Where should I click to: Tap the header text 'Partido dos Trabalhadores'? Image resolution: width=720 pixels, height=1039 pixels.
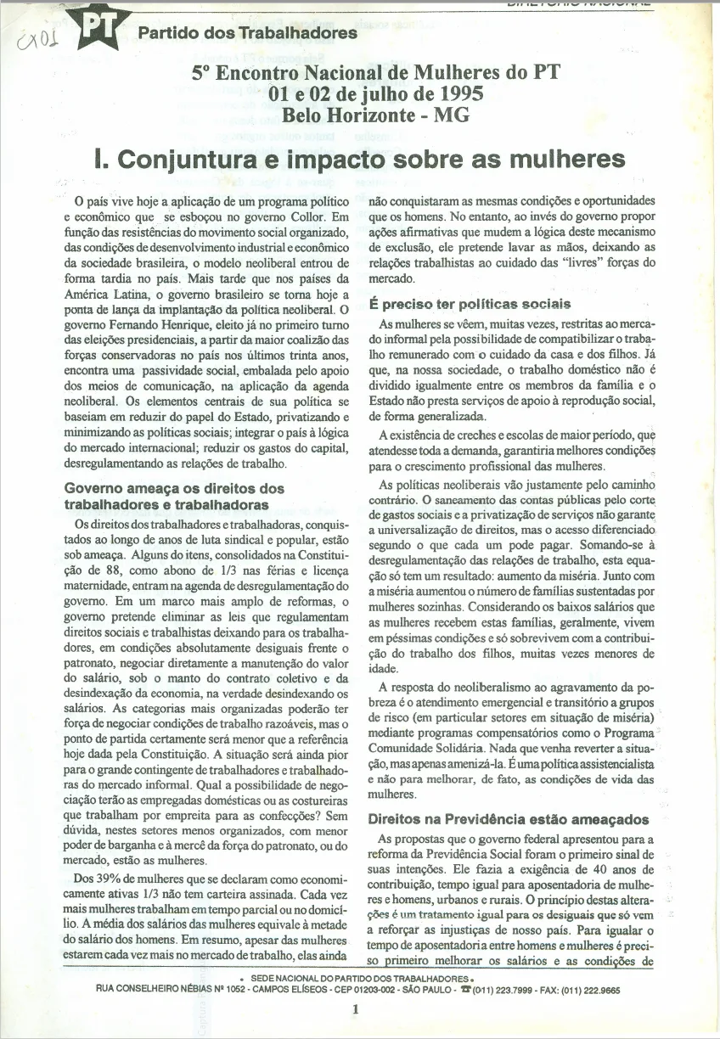247,34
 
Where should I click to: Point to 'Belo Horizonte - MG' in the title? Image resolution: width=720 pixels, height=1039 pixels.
375,115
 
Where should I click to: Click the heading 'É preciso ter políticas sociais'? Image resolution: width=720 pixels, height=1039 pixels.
470,305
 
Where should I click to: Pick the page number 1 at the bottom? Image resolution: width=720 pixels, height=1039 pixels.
357,1009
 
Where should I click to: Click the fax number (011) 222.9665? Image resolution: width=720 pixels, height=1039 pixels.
604,990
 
